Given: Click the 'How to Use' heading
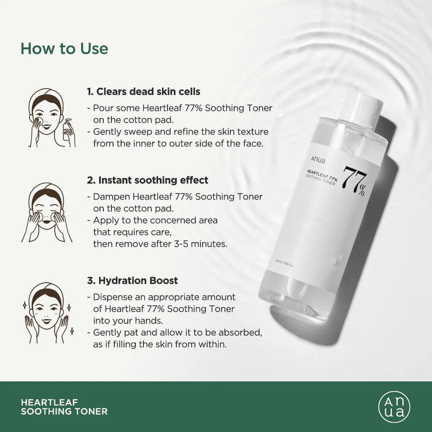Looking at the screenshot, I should pyautogui.click(x=64, y=48).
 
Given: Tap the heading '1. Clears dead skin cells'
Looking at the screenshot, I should pyautogui.click(x=143, y=92).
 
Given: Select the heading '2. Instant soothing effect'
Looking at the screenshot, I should pyautogui.click(x=148, y=180).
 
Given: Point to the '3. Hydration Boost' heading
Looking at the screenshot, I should pyautogui.click(x=132, y=280).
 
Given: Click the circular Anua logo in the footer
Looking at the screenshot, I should pyautogui.click(x=394, y=407).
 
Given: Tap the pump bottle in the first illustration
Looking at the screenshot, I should pyautogui.click(x=67, y=129).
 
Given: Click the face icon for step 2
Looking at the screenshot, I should pyautogui.click(x=47, y=212).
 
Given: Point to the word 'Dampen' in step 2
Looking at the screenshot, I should pyautogui.click(x=108, y=197).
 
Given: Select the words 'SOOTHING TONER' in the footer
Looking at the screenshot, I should pyautogui.click(x=64, y=412).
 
